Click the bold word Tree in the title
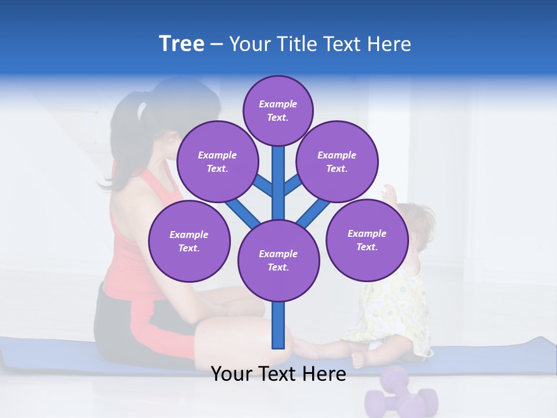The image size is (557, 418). coord(182,44)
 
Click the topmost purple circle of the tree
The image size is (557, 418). coord(278,110)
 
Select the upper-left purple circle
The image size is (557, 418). coord(217,161)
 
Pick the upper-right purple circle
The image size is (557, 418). coord(337,161)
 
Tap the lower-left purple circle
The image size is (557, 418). coord(189,241)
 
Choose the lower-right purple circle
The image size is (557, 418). coord(367,240)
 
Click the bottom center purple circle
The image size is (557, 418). coord(278,260)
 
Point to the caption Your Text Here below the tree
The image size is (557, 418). coord(278,374)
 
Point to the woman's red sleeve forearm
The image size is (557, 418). coord(168,337)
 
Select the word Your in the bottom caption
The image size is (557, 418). coord(232,374)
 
